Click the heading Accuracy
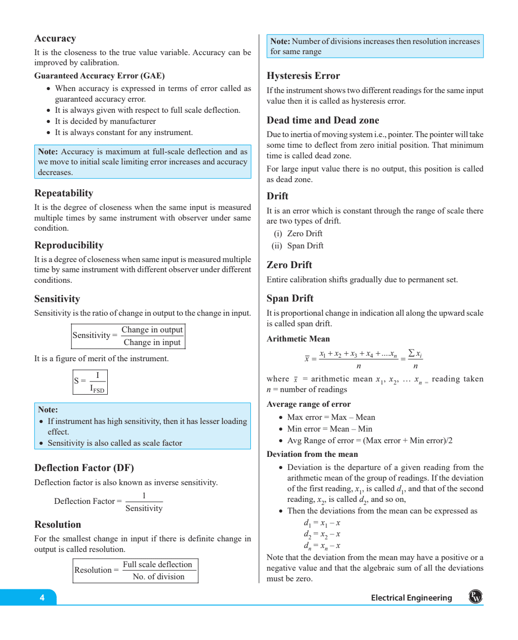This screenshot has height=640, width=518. coord(55,39)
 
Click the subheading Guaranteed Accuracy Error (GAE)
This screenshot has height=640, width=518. coord(100,76)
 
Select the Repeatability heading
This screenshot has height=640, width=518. coord(64,193)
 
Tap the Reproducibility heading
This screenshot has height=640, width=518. coord(69,245)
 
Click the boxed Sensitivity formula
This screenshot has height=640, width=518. coord(128,336)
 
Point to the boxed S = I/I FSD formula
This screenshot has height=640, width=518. coord(90,382)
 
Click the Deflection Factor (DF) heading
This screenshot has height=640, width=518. coord(84,468)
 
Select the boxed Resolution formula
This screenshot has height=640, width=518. coord(135,571)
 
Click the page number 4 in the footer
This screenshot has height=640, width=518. coord(42,598)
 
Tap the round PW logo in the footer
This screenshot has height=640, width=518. coord(476,597)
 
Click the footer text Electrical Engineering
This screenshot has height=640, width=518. coord(411,598)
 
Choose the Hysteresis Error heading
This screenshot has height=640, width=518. coord(303,76)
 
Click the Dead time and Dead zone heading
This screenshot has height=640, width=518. coord(323,120)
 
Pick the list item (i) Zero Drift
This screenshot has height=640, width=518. coord(298,234)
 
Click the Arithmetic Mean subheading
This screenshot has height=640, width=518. coord(298,339)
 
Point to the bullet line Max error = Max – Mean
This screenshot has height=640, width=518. coord(331,417)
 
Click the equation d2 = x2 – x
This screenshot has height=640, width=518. coord(322,534)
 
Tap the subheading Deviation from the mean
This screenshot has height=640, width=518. coord(312,454)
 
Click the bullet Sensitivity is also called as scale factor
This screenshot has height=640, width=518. coord(115,443)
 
